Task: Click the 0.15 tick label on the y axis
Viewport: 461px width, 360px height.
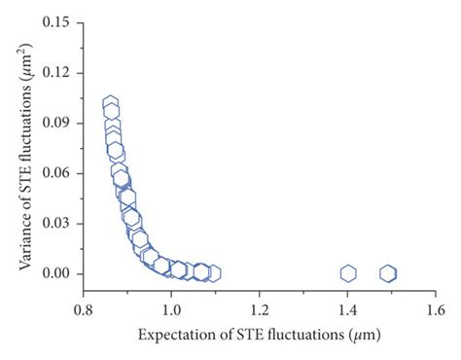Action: click(x=58, y=21)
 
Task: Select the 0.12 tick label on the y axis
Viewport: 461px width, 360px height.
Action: click(x=58, y=72)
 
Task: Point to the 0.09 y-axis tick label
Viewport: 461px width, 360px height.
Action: click(x=58, y=123)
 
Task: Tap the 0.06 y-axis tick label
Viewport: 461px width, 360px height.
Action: click(x=58, y=173)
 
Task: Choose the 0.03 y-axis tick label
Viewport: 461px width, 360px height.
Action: click(x=58, y=224)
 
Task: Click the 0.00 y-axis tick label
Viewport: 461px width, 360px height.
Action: click(x=58, y=273)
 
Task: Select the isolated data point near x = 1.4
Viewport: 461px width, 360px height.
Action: click(x=348, y=273)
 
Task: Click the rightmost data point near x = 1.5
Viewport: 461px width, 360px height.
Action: click(x=388, y=273)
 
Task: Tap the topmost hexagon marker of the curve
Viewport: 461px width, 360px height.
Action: click(x=111, y=103)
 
